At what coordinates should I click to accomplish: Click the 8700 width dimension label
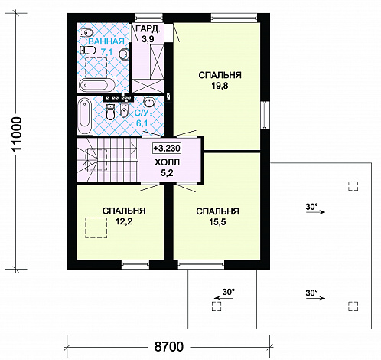(169, 347)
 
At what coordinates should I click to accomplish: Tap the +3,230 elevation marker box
(167, 148)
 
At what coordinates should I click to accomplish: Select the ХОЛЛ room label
(167, 162)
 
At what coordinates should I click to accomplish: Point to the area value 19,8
(220, 86)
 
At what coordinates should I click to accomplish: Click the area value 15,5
(217, 222)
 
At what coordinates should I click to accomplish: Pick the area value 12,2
(124, 221)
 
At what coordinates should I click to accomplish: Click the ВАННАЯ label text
(106, 41)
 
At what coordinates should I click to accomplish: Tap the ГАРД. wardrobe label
(148, 29)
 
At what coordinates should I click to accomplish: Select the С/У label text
(142, 113)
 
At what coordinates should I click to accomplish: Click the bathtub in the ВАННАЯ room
(96, 85)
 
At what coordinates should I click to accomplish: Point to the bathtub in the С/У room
(84, 116)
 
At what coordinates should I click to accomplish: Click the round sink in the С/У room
(150, 102)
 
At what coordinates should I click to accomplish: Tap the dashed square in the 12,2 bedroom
(96, 227)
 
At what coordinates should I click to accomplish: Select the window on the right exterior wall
(265, 115)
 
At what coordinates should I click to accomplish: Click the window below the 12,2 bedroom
(135, 265)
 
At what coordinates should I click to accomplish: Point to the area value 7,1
(106, 52)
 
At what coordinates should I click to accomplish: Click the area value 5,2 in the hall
(167, 173)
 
